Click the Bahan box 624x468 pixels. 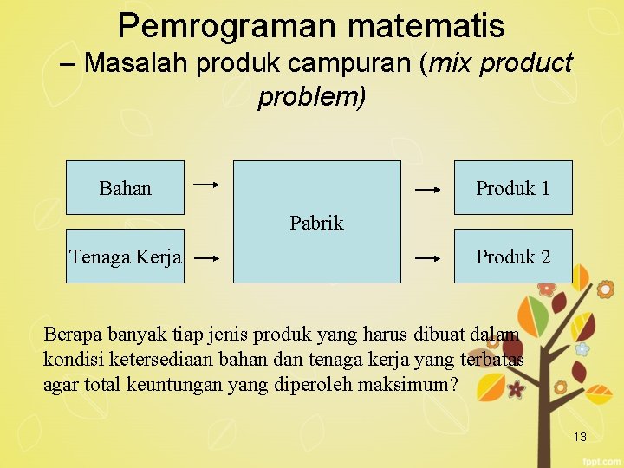[125, 187]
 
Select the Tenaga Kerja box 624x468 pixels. [125, 257]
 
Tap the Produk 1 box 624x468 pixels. [513, 187]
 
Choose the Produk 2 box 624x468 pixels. [513, 257]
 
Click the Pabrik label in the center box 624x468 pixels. [316, 223]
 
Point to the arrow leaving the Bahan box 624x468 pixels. [206, 185]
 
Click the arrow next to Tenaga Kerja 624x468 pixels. [206, 257]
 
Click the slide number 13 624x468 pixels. [580, 437]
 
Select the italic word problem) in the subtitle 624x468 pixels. [312, 96]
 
